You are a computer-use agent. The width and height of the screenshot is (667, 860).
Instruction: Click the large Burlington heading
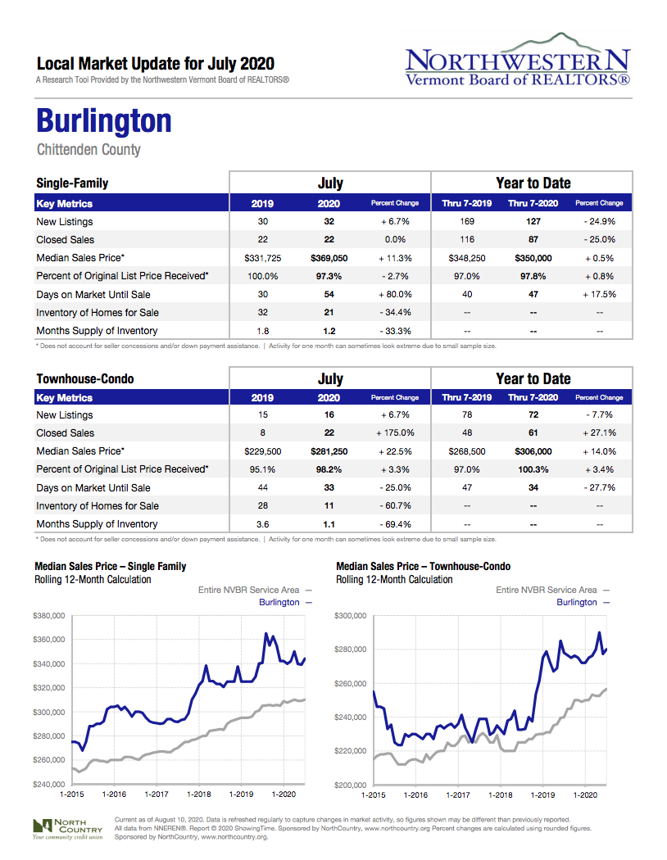coord(104,120)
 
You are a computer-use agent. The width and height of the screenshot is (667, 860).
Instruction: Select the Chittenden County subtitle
coord(88,150)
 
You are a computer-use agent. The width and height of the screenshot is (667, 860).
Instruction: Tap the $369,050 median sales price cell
coord(329,258)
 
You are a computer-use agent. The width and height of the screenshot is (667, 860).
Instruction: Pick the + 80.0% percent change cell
coord(395,294)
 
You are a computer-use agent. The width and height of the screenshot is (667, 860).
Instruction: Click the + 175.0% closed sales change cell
coord(395,433)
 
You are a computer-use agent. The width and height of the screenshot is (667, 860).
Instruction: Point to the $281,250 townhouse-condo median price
coord(329,451)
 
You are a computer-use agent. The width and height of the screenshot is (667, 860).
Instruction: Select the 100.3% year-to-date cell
coord(533,469)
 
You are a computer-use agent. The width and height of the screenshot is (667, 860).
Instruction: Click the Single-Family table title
coord(72,183)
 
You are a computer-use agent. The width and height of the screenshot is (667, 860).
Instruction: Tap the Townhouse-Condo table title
coord(85,379)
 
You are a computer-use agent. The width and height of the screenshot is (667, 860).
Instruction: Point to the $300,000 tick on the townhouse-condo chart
coord(352,615)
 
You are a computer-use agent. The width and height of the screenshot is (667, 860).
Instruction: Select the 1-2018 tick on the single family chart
coord(199,794)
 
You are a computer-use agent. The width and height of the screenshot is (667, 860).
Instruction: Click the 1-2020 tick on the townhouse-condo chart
coord(585,794)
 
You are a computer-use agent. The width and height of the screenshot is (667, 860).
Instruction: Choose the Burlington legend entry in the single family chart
coord(279,602)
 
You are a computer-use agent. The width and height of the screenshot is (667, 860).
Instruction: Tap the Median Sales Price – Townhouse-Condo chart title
coord(423,566)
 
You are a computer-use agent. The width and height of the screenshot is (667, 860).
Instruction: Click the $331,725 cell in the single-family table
coord(263,258)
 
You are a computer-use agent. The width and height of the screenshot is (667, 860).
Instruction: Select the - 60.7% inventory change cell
coord(395,505)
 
